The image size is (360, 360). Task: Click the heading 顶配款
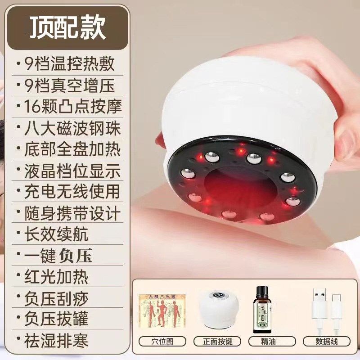pos(67,28)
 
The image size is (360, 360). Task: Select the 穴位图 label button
pos(163,341)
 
